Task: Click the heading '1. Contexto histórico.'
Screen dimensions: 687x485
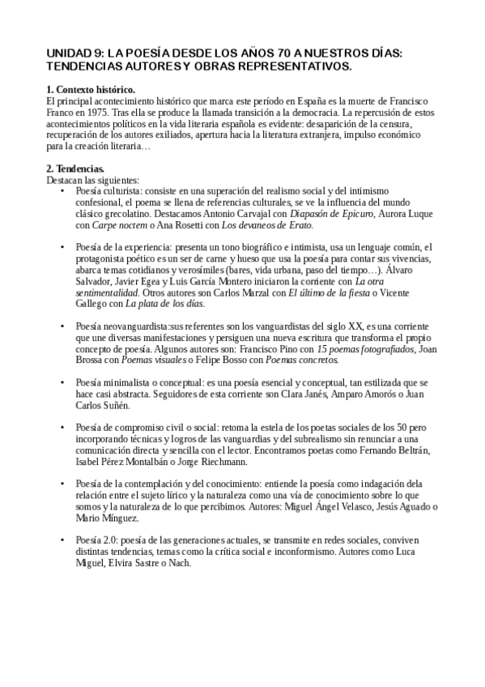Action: tap(91, 88)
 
